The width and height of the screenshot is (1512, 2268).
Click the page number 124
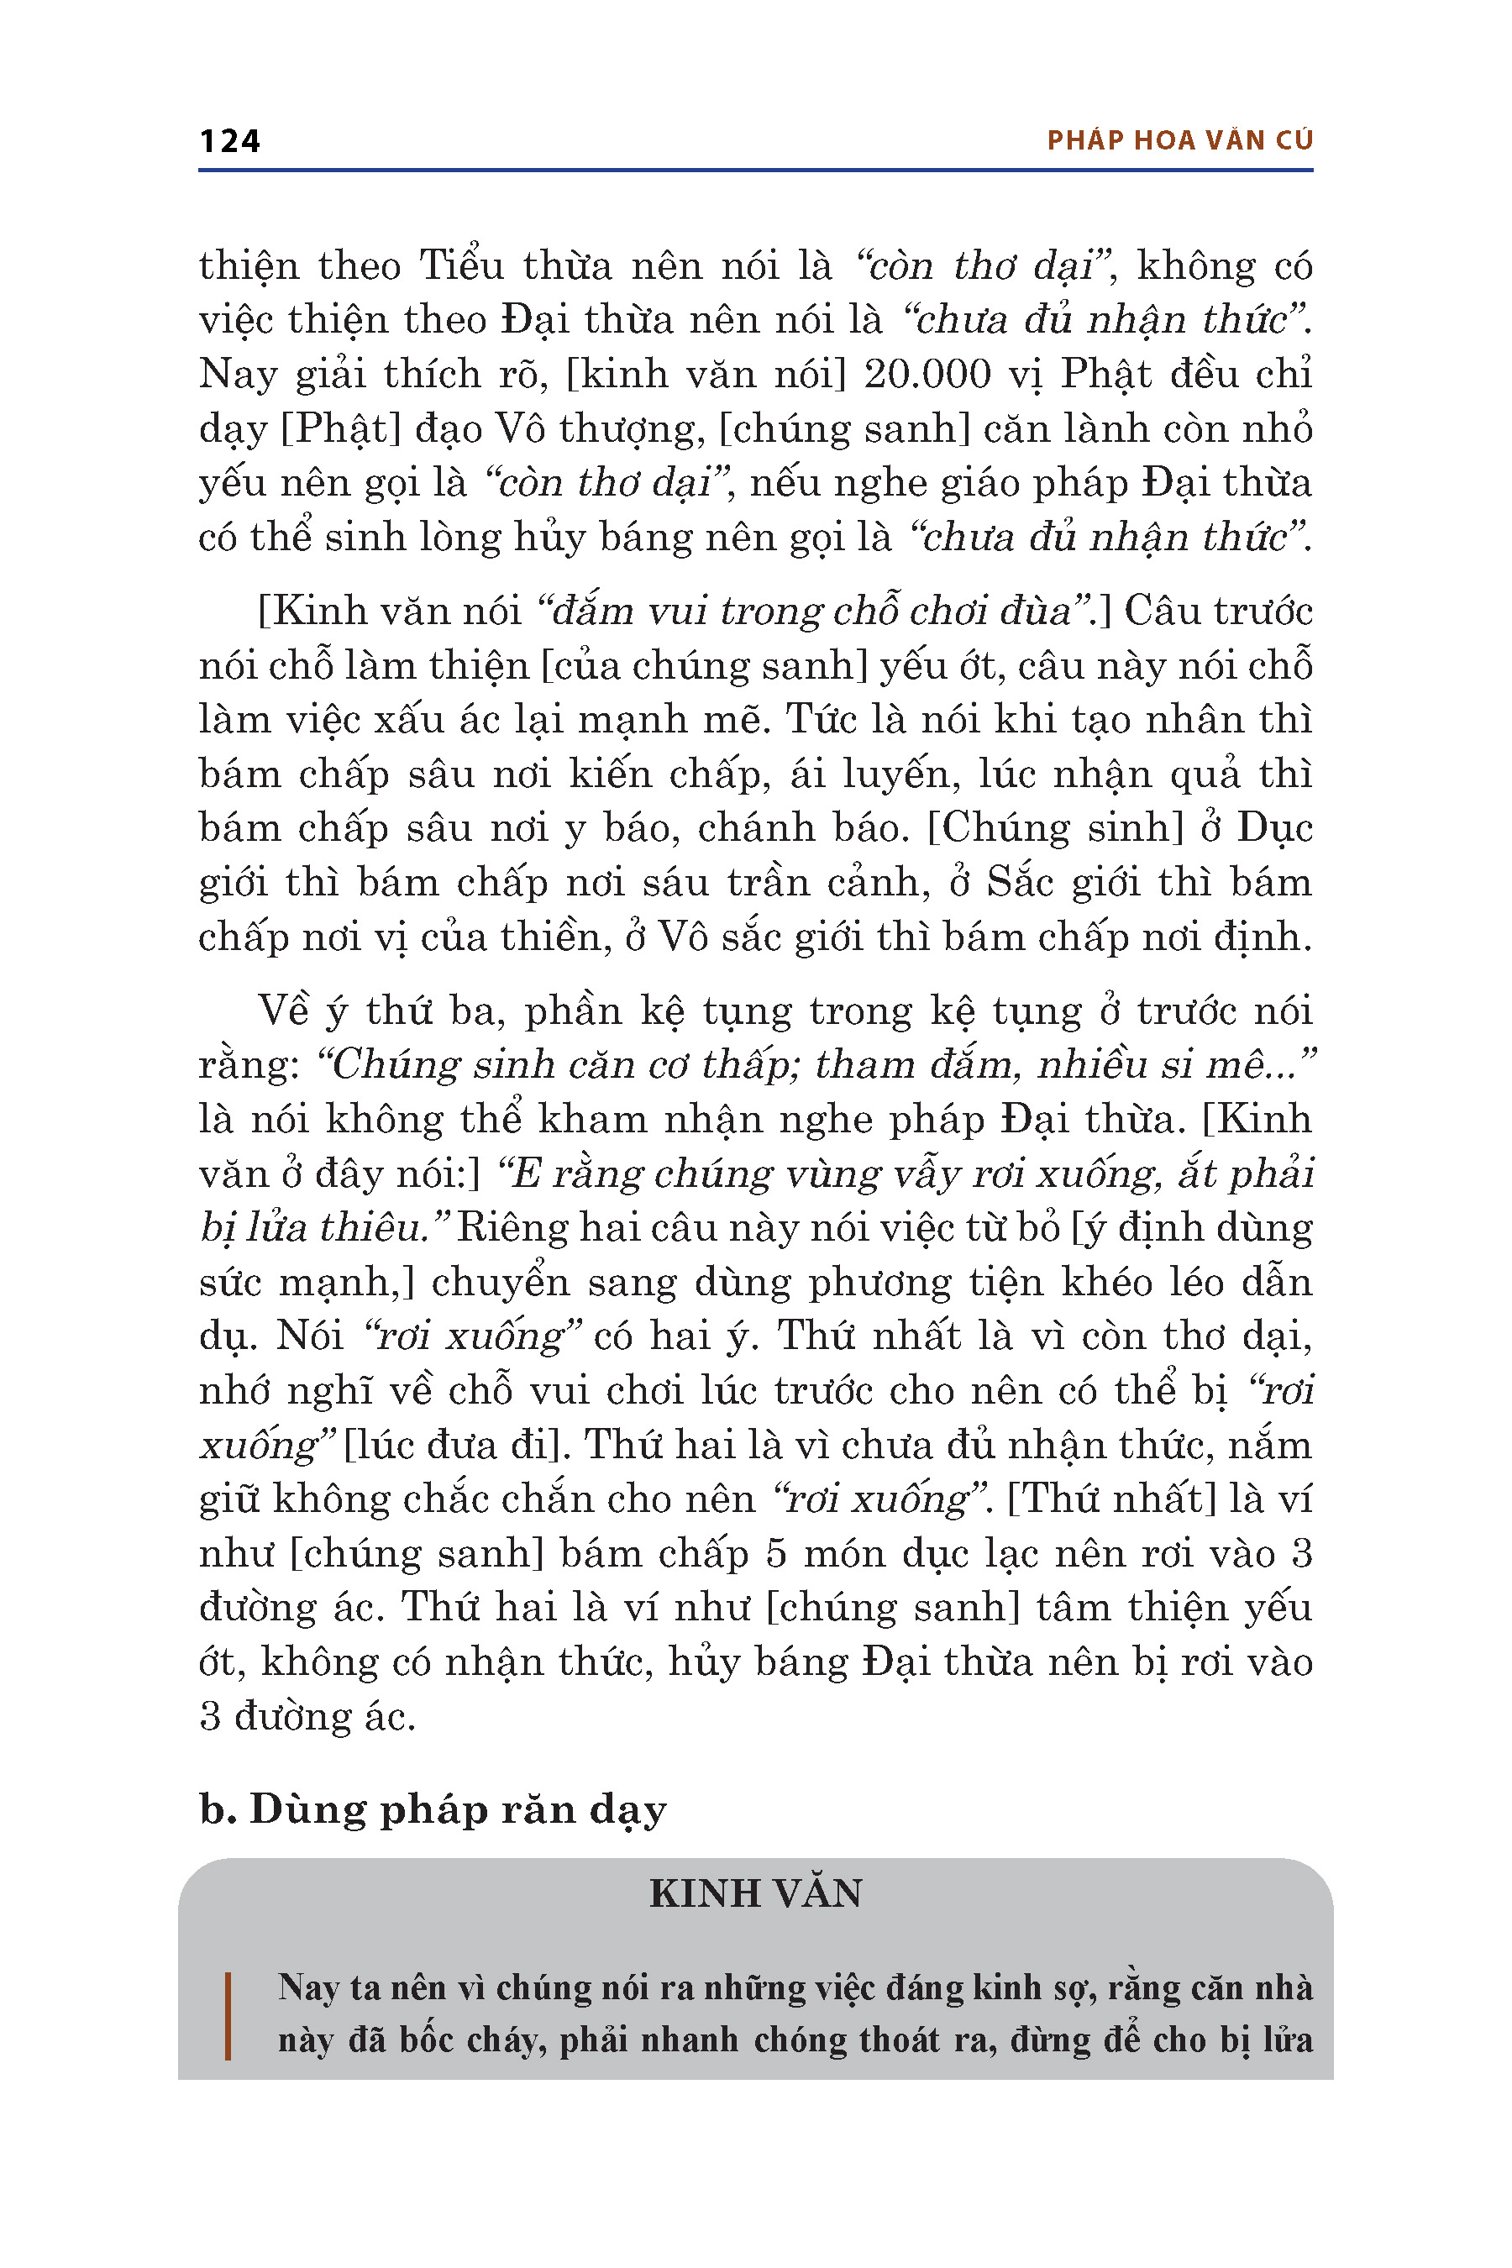tap(229, 141)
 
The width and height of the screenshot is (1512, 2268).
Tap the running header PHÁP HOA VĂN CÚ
tap(1179, 141)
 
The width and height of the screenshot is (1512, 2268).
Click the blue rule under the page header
tap(755, 171)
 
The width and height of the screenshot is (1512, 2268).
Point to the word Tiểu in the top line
tap(461, 265)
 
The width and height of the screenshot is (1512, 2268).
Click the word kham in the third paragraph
tap(580, 1120)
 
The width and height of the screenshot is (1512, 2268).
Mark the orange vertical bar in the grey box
tap(228, 2015)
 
